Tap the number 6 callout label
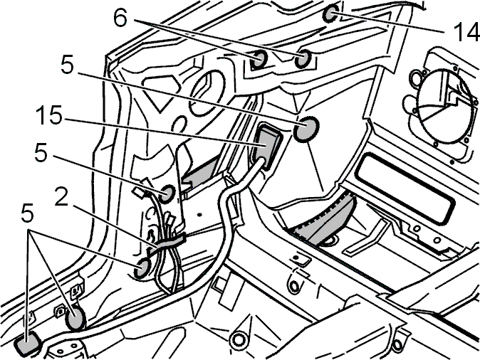pos(120,18)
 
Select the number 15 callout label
pos(49,115)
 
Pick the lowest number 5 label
pos(27,213)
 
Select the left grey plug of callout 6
pos(259,58)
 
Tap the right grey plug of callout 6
pos(303,58)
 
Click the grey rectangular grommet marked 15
pos(267,147)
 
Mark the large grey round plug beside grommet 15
pos(306,129)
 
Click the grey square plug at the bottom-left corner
pos(28,343)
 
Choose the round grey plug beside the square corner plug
pos(75,318)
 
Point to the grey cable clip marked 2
pos(167,243)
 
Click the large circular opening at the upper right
pos(442,105)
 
